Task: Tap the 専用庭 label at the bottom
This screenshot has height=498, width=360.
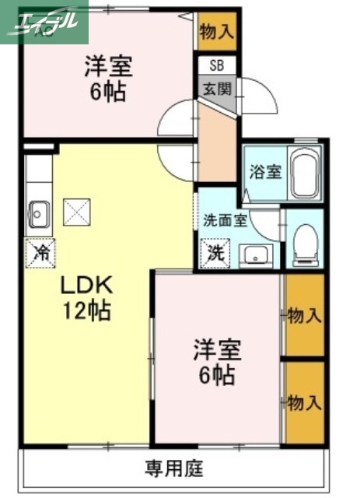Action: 173,468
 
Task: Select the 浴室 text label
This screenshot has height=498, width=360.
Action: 265,173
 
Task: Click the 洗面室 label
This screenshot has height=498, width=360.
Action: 225,219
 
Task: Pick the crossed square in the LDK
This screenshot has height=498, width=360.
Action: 77,211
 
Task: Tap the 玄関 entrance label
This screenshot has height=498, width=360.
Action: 217,89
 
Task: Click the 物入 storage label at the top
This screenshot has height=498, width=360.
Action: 216,32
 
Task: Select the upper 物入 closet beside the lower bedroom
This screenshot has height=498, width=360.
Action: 304,315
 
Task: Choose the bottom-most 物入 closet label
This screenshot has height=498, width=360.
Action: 304,402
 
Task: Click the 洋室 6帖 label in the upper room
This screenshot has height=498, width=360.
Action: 108,79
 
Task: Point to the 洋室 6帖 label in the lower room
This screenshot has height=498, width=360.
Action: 217,363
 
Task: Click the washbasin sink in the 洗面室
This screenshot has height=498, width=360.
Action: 253,254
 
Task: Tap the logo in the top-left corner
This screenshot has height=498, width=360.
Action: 44,22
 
